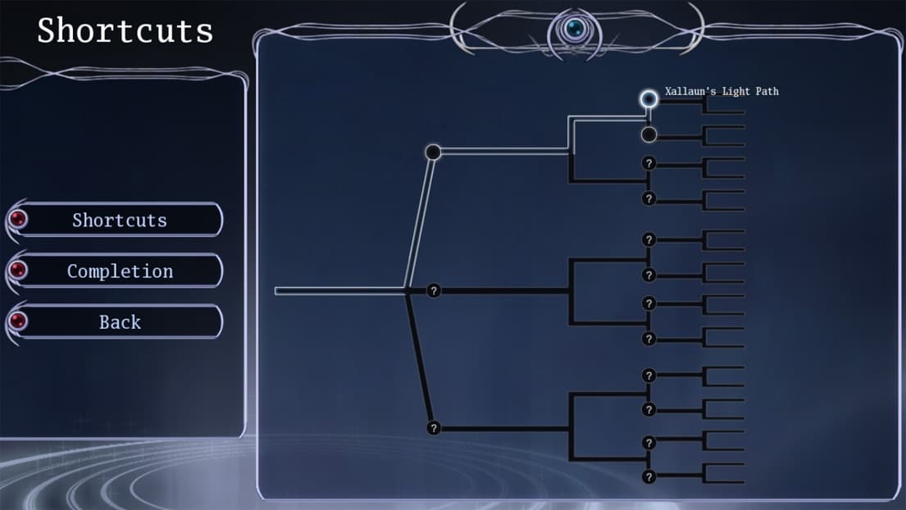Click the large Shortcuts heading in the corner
(x=125, y=30)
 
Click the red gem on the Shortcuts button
(x=18, y=219)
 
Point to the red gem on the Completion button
(x=18, y=270)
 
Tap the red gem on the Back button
(x=18, y=321)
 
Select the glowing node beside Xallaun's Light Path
(x=649, y=98)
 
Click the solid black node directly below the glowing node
(x=649, y=134)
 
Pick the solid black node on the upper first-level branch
(x=433, y=152)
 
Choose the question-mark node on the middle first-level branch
(x=434, y=290)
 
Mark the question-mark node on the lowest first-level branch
(x=434, y=428)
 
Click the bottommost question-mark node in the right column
(x=649, y=476)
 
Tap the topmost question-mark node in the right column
(x=649, y=163)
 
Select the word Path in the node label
(x=767, y=91)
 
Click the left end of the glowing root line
(x=275, y=290)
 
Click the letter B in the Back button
(x=105, y=321)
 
